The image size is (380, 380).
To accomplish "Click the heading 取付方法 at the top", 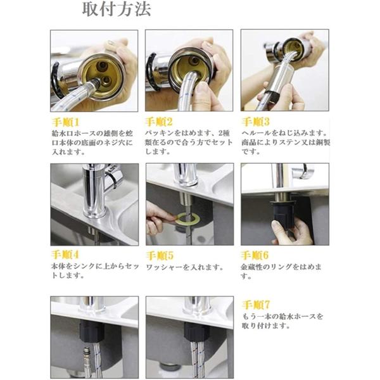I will tap(117, 11).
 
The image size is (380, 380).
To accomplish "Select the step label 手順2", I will tap(161, 120).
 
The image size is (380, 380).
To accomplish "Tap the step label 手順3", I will tap(256, 120).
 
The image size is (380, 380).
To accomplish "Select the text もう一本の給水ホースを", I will tap(282, 315).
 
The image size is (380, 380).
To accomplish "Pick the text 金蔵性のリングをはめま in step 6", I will tap(281, 267).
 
